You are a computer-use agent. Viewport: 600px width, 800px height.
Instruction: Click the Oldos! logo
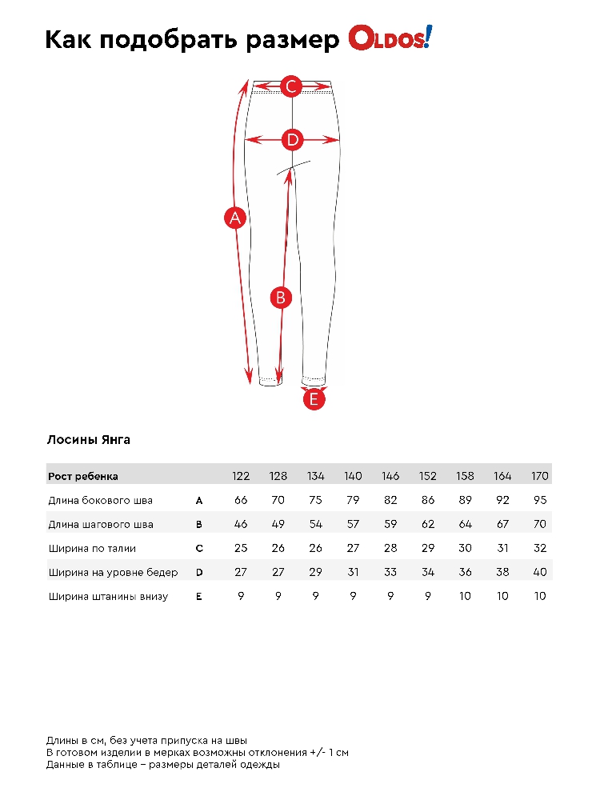(390, 38)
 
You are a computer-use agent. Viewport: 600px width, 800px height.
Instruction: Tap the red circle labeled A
(234, 218)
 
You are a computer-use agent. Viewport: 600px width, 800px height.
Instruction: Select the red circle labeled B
(280, 298)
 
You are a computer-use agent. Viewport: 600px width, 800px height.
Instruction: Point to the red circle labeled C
(291, 86)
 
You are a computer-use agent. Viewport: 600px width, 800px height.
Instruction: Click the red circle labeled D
(293, 140)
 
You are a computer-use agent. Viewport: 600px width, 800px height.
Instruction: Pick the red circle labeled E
(314, 398)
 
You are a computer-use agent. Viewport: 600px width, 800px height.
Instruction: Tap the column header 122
(241, 476)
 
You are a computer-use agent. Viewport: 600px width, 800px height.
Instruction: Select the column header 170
(540, 476)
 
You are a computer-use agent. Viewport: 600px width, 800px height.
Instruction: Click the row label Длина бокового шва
(100, 501)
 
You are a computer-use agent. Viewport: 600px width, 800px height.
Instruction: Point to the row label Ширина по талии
(92, 549)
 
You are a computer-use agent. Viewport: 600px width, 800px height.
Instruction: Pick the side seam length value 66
(241, 501)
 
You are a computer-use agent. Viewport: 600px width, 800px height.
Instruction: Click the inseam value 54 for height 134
(316, 525)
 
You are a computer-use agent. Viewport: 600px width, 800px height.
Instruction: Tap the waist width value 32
(540, 549)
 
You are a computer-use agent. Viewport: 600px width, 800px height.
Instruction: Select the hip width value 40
(540, 573)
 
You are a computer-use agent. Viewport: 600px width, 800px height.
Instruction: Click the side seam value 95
(540, 501)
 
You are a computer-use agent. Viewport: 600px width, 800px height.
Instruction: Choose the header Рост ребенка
(83, 476)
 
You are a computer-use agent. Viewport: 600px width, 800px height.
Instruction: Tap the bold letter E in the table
(199, 597)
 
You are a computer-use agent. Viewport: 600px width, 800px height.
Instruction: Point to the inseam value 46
(241, 525)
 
